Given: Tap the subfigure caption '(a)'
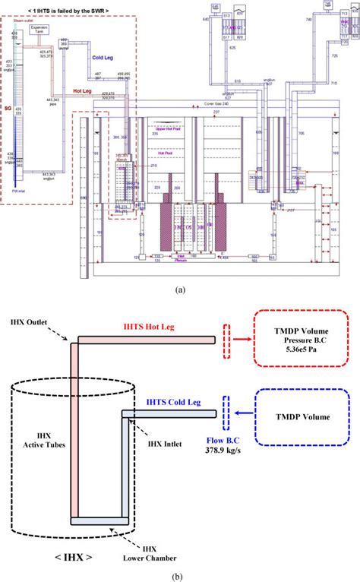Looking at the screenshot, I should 180,289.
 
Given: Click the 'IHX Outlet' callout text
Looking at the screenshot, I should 25,322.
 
